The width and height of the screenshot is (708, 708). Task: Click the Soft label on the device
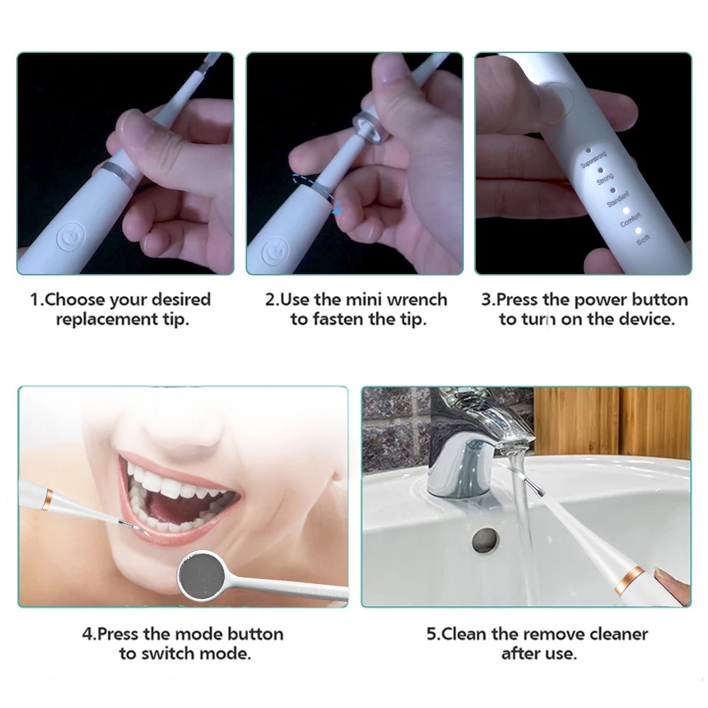point(643,241)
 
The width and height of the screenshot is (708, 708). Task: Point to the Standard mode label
point(617,200)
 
